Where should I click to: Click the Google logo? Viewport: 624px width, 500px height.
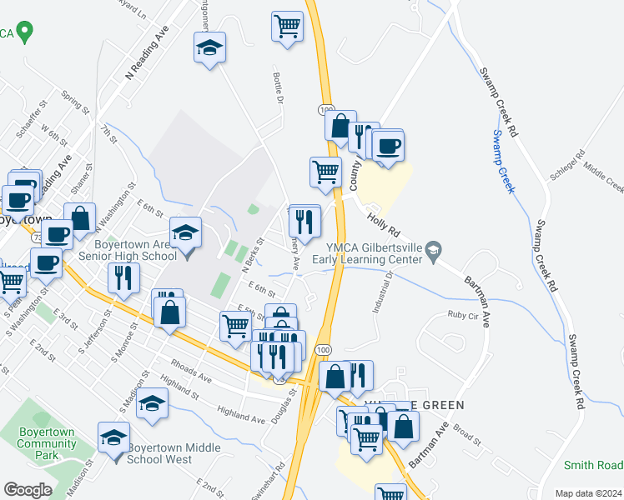[x=28, y=490]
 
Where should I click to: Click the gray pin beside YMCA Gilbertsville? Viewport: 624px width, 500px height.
[x=433, y=250]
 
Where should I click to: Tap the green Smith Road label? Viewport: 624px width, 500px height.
[x=592, y=466]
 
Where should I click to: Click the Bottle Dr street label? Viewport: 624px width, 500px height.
[x=279, y=88]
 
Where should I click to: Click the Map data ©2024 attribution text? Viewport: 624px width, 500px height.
[x=587, y=492]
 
